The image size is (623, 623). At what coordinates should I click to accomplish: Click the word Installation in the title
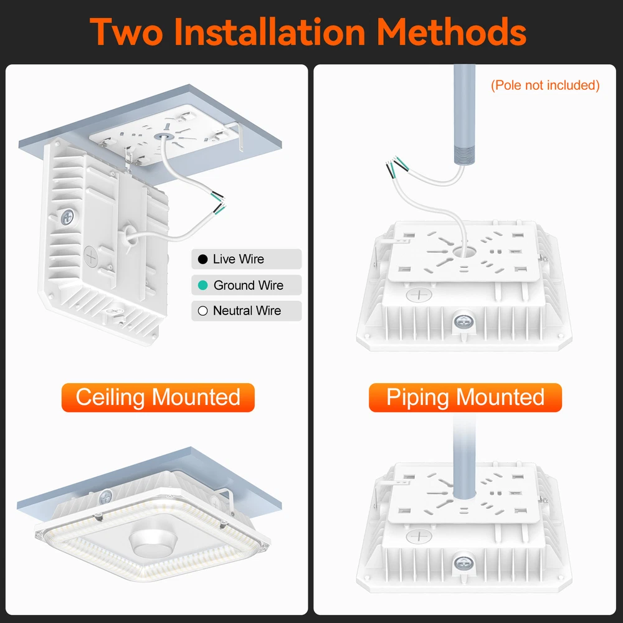[x=269, y=32]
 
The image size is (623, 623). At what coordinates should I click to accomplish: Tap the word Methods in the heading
[x=451, y=32]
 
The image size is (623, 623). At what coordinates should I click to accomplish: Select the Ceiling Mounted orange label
[x=158, y=397]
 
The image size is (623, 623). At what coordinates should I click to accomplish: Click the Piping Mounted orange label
[x=465, y=397]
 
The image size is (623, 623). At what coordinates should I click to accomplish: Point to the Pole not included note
[x=545, y=85]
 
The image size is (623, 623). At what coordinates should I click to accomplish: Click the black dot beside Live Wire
[x=202, y=259]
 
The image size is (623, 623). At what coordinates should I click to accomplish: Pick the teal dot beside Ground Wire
[x=202, y=285]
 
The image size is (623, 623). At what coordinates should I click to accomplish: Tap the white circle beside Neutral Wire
[x=202, y=311]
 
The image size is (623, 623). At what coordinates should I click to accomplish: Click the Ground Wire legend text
[x=249, y=285]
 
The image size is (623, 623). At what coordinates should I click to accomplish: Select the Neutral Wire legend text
[x=247, y=311]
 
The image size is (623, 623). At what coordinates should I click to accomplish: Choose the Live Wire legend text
[x=239, y=259]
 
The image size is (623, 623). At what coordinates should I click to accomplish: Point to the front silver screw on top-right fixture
[x=462, y=321]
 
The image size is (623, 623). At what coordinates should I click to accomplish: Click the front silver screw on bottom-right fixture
[x=462, y=563]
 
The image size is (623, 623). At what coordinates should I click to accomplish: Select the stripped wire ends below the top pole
[x=397, y=167]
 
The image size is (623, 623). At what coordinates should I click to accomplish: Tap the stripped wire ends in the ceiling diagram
[x=218, y=202]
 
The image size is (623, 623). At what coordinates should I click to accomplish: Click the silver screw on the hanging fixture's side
[x=67, y=217]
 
